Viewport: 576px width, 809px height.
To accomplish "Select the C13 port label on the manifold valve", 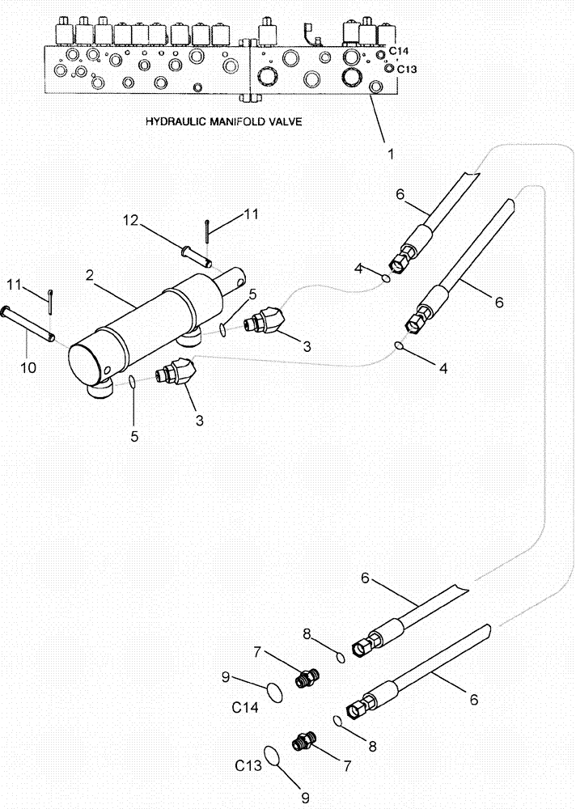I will coord(406,69).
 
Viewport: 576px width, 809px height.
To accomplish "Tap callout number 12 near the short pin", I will coord(131,219).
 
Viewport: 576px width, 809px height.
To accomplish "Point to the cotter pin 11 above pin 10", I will coord(50,299).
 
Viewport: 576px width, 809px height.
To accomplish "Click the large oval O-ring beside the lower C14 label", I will coord(276,691).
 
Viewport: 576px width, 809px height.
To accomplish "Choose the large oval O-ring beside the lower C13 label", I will coord(274,756).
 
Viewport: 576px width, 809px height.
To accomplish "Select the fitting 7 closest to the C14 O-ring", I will coord(307,677).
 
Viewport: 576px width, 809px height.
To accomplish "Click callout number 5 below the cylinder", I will coord(135,435).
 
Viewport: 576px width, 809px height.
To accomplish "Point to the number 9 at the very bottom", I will coord(304,798).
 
